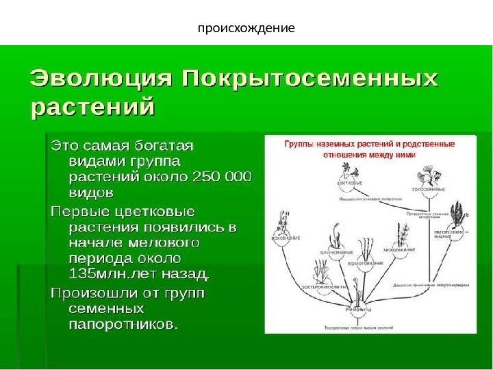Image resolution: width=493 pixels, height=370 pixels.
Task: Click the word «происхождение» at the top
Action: (x=246, y=29)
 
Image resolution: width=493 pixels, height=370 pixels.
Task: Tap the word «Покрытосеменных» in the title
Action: (x=309, y=78)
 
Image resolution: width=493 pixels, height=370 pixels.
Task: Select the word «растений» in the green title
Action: (x=92, y=108)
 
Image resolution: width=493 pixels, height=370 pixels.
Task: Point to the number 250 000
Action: (x=223, y=177)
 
